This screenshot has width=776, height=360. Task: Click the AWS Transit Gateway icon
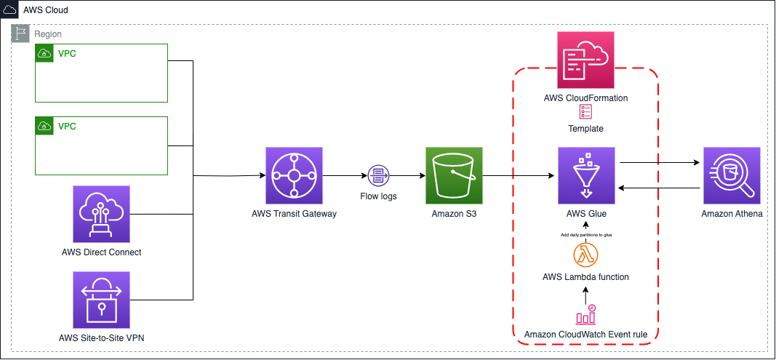pos(294,175)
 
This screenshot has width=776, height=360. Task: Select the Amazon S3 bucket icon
pos(454,175)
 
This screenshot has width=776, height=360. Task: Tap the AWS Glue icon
pos(586,175)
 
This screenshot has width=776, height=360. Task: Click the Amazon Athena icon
pos(731,175)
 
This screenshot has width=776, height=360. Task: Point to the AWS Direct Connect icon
pos(101,214)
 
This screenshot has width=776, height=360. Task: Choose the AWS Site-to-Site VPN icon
pos(101,300)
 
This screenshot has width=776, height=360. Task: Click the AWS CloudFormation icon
pos(586,60)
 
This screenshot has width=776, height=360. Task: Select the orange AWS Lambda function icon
pos(586,255)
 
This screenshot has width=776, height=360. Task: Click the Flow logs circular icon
pos(378,175)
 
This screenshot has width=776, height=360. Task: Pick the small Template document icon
pos(586,111)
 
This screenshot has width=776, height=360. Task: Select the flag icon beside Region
pos(22,33)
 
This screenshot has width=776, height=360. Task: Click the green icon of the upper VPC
pos(44,53)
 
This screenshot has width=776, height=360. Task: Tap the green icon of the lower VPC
pos(44,126)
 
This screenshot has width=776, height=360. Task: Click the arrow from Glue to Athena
pos(658,164)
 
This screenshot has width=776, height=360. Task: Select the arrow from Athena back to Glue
pos(658,188)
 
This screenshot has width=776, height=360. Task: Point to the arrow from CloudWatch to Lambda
pos(586,293)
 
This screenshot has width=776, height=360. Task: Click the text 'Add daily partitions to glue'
pos(586,235)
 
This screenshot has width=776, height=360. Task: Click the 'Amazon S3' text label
pos(454,215)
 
